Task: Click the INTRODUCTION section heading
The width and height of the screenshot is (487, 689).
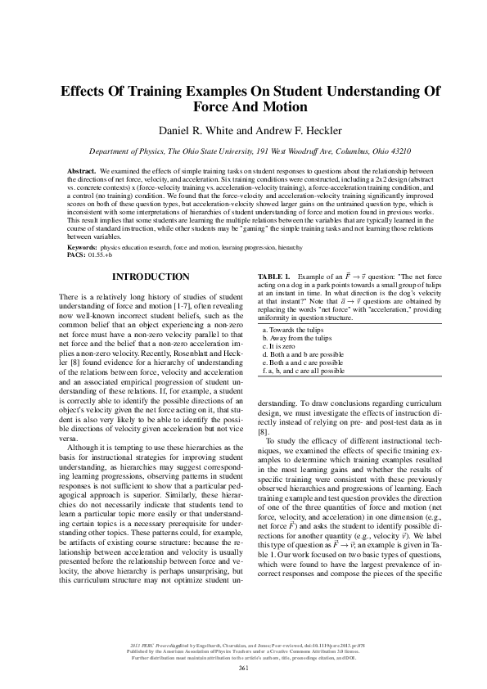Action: tap(150, 277)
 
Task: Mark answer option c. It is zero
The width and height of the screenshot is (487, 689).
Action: tap(281, 346)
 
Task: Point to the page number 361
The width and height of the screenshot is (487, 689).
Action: tap(243, 669)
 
